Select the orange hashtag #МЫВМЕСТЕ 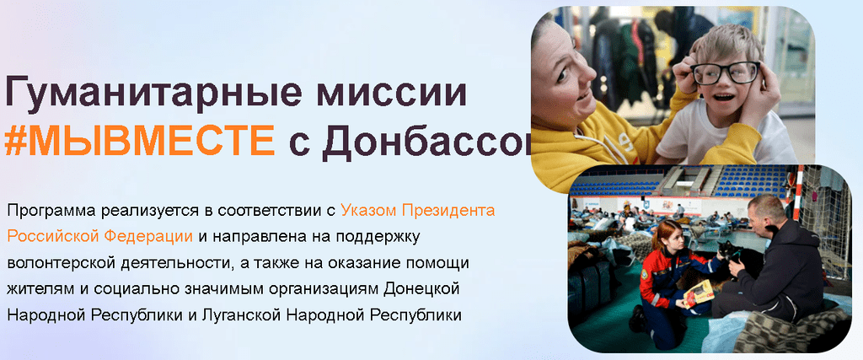click(139, 140)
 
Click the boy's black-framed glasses click(726, 73)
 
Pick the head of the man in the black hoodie click(767, 215)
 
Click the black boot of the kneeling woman click(638, 320)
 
